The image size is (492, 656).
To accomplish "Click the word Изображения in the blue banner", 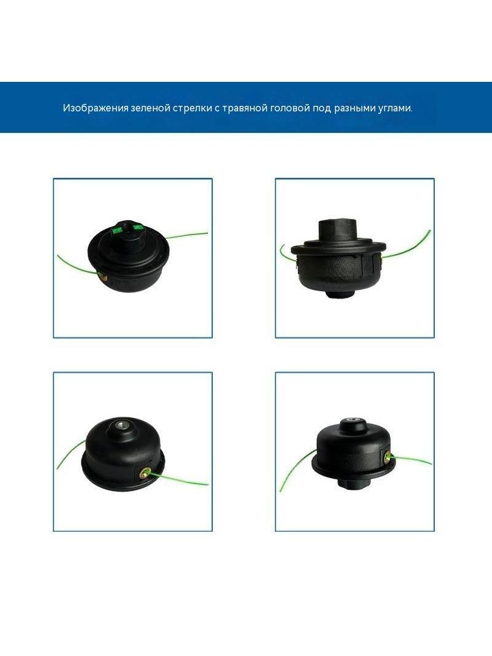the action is pyautogui.click(x=95, y=108).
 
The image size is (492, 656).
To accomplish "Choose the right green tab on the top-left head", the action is pyautogui.click(x=138, y=226).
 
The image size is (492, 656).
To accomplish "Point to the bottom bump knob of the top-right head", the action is pyautogui.click(x=339, y=294).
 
